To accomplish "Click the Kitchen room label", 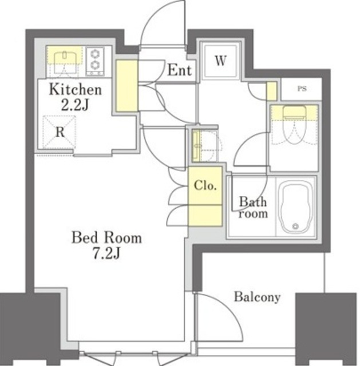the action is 75,90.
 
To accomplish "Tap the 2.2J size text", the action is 75,105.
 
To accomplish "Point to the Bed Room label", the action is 106,238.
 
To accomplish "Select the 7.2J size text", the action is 106,253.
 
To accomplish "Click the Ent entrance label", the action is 179,70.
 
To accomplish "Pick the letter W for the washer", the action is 220,61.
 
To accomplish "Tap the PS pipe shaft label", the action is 302,89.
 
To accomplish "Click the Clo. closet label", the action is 205,185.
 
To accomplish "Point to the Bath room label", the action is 253,208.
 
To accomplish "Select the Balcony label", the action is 257,297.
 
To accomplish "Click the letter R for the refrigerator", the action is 60,132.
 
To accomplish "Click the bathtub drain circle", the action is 295,226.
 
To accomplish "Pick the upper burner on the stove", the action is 95,54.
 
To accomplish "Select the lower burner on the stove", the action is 95,65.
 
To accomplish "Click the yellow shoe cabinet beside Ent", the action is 127,86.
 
